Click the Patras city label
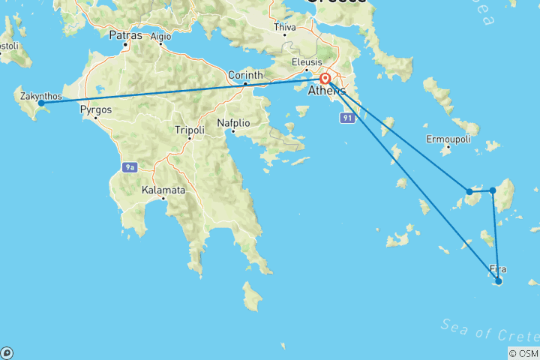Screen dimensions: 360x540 pos(124,34)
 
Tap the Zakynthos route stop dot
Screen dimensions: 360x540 pos(41,103)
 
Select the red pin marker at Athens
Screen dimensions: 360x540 pos(325,79)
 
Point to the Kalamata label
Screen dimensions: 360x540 pos(163,190)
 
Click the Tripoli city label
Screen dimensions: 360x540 pos(190,130)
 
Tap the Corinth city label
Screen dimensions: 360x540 pos(246,75)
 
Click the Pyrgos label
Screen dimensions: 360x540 pos(95,109)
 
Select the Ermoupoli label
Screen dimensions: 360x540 pos(448,139)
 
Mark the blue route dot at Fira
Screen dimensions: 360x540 pos(498,281)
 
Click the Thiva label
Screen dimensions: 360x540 pos(286,28)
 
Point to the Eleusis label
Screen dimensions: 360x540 pos(307,62)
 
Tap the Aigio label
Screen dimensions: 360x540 pos(160,35)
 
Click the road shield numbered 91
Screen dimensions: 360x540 pos(346,118)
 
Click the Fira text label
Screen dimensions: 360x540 pos(497,268)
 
